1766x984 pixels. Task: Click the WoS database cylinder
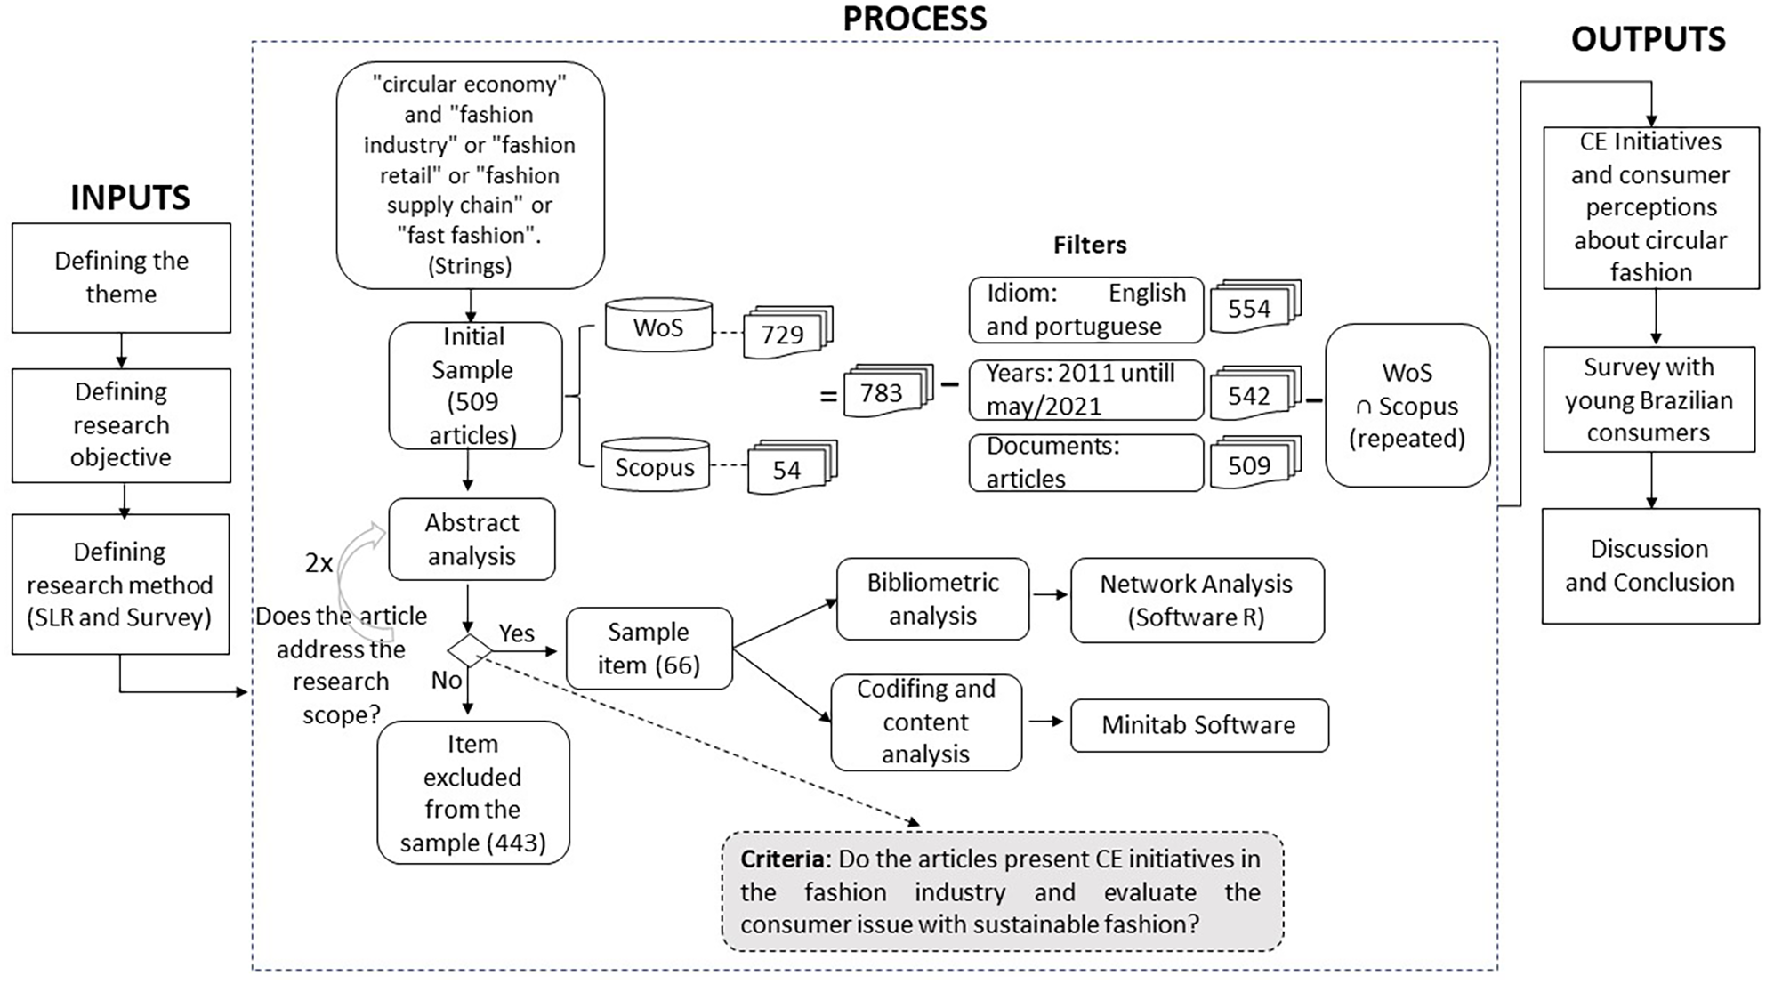point(658,326)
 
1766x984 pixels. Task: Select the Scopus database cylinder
point(655,465)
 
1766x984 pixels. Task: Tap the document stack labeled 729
point(788,333)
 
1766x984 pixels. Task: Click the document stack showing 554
point(1255,307)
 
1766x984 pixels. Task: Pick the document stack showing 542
point(1255,393)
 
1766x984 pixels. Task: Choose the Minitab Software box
point(1199,725)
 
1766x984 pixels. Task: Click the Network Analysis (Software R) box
point(1197,601)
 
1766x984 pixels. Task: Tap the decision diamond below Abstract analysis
point(469,651)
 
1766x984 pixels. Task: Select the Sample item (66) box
point(649,649)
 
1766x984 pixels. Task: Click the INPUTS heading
point(130,198)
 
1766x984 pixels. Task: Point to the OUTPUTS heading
point(1648,39)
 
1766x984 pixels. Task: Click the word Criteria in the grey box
point(782,859)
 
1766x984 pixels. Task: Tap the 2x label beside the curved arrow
point(319,563)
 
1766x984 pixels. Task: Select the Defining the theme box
point(121,278)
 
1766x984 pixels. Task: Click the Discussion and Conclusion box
point(1650,566)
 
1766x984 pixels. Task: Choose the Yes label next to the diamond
point(516,633)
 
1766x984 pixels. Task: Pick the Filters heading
point(1090,245)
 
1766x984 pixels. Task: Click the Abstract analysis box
point(472,539)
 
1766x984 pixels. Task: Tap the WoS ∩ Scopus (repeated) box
point(1407,405)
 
